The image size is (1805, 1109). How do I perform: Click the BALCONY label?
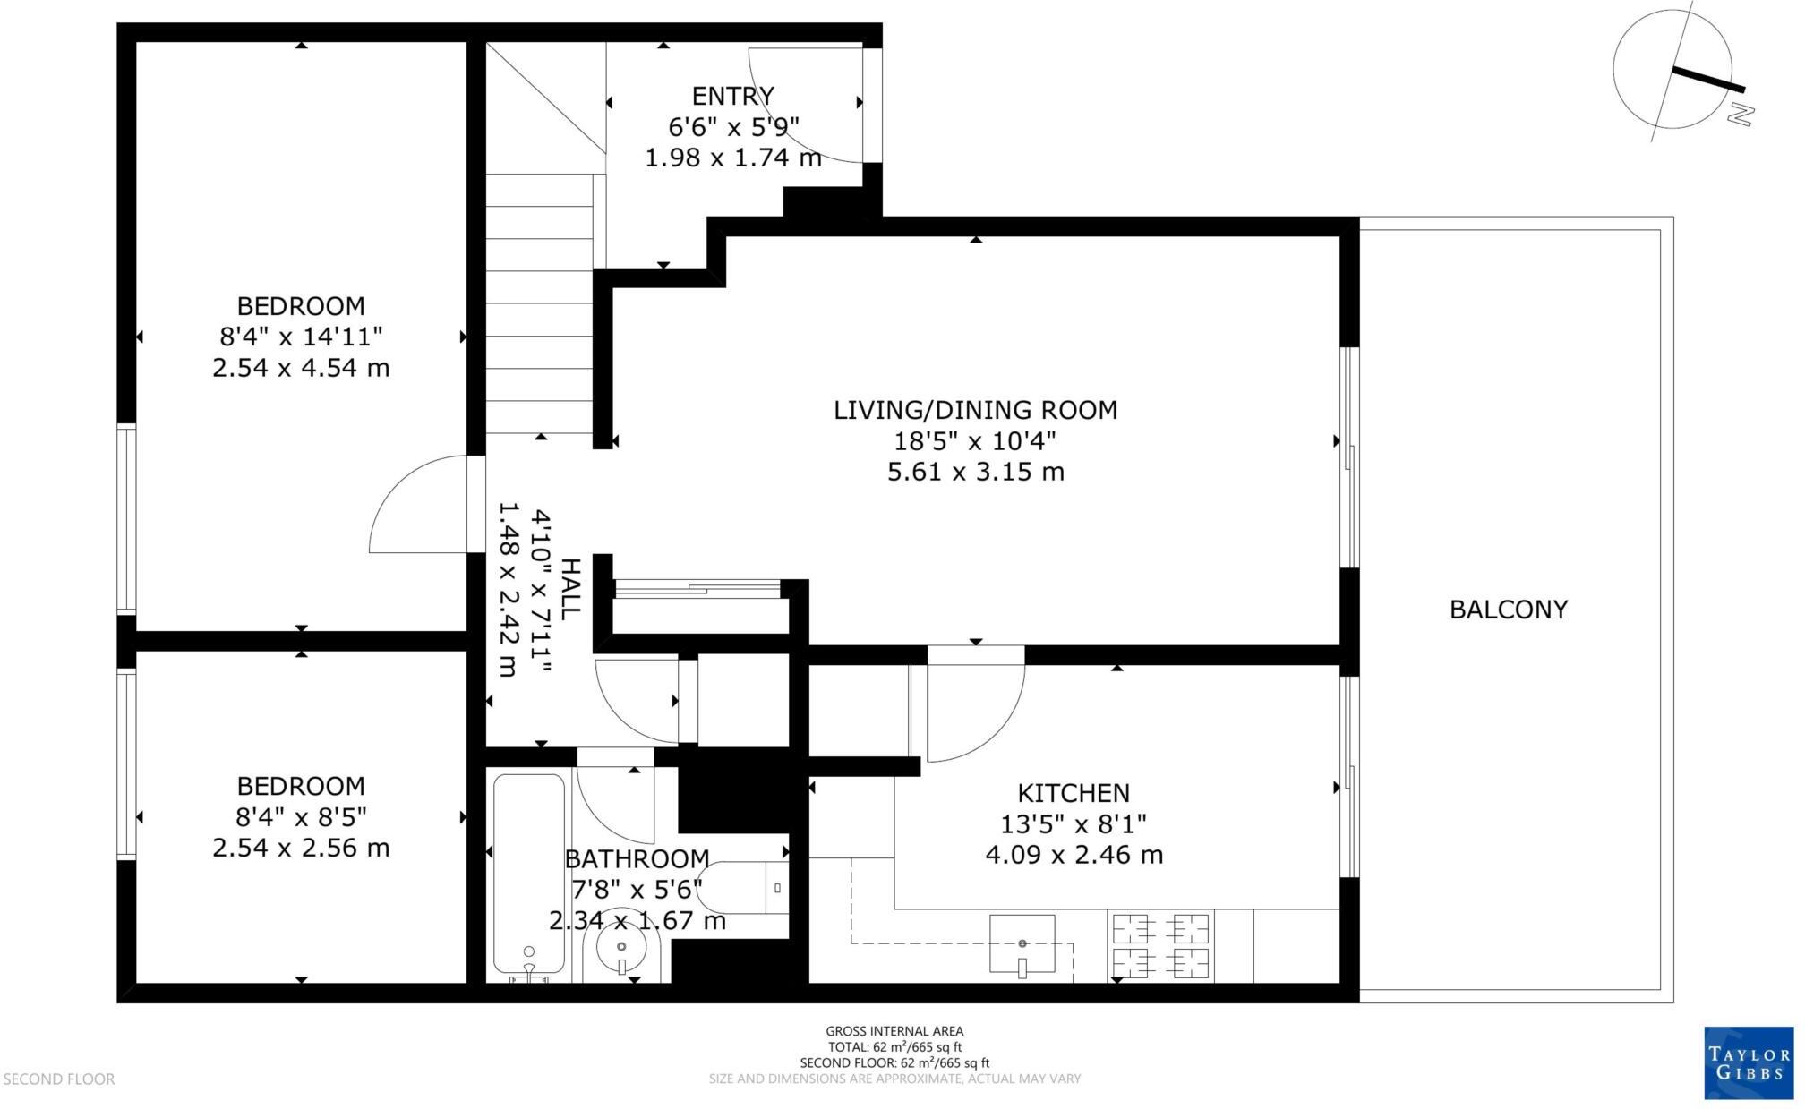tap(1508, 610)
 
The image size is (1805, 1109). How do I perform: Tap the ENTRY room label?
tap(732, 96)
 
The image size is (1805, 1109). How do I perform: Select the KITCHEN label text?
tap(1073, 793)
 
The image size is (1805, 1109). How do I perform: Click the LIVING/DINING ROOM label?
tap(975, 410)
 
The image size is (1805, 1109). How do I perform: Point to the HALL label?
tap(570, 589)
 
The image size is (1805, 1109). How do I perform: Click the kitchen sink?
tap(1022, 943)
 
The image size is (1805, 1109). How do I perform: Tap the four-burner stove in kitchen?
tap(1160, 946)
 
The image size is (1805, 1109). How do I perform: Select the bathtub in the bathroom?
tap(529, 873)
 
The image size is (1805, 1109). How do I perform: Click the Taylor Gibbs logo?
tap(1747, 1062)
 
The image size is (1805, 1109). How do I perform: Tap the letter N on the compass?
tap(1741, 114)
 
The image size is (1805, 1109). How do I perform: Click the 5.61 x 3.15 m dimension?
tap(975, 472)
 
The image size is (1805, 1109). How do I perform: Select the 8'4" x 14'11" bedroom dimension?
tap(301, 337)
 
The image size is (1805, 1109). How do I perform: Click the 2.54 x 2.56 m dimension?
tap(301, 848)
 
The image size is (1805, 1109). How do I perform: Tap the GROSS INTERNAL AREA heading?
tap(894, 1031)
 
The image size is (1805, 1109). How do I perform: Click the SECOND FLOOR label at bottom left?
tap(59, 1079)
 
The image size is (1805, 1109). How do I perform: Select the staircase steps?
tap(539, 304)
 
